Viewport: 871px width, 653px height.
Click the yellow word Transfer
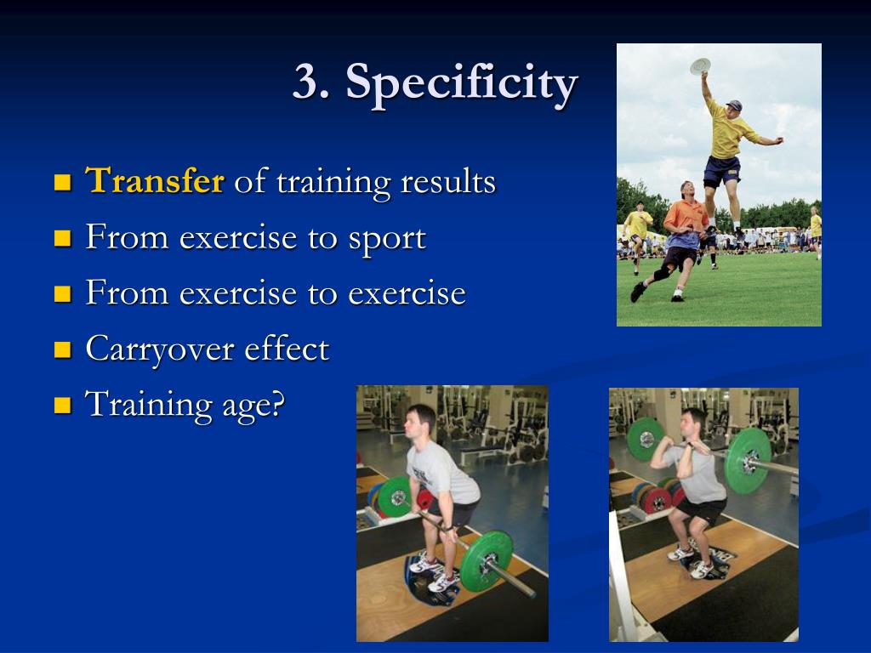155,181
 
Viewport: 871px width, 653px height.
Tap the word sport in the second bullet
386,238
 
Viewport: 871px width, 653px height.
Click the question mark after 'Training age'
276,404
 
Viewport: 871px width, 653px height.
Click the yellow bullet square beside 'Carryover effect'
62,349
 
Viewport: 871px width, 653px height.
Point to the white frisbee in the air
700,65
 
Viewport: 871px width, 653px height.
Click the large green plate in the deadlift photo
487,561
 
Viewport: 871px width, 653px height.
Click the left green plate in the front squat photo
646,439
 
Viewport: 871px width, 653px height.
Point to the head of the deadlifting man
420,420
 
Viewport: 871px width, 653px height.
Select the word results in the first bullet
447,181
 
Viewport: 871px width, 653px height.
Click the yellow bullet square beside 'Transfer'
62,182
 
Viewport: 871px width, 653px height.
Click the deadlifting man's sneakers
434,573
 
